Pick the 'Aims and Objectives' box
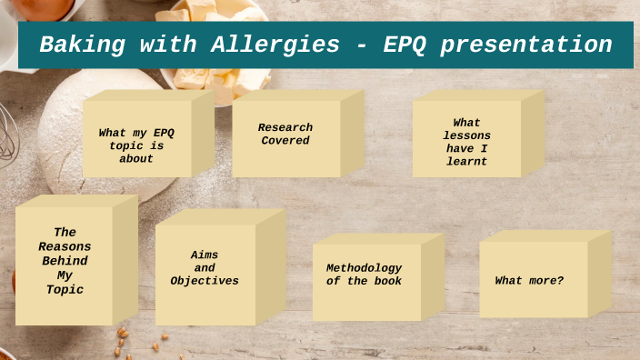pos(205,269)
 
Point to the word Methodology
pos(364,268)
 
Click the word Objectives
pos(205,282)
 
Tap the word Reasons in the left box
pos(65,246)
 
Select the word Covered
pos(285,141)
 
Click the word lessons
pos(466,135)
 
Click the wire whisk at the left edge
pos(7,136)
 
